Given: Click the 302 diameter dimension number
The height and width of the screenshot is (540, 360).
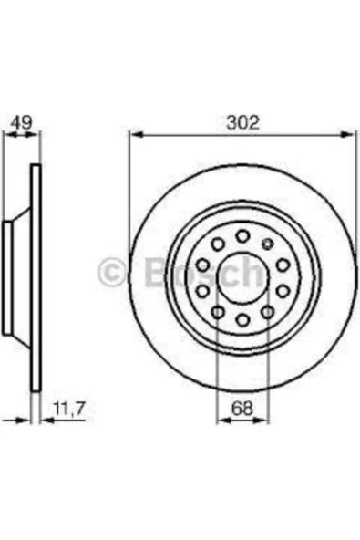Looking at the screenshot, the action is [242, 122].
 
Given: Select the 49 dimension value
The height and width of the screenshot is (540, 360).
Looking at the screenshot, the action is [21, 122].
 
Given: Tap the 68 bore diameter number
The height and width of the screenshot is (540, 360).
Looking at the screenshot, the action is [242, 409].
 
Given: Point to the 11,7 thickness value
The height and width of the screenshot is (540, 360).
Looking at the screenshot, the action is [69, 409].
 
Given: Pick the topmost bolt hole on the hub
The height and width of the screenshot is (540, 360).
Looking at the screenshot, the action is [243, 236].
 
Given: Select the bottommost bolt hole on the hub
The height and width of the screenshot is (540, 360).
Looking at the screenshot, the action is [243, 320].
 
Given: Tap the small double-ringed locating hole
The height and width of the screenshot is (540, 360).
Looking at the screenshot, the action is [267, 244].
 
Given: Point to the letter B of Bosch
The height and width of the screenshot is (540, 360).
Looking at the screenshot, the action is [157, 272].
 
